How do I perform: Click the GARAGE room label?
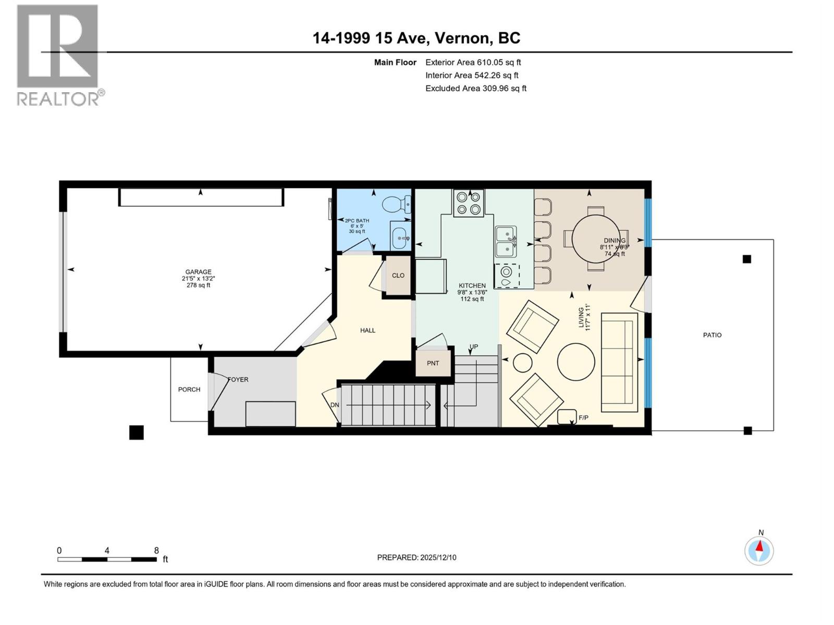tap(198, 272)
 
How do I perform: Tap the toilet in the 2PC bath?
tap(396, 204)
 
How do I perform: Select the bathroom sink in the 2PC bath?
tap(400, 239)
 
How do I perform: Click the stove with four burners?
tap(468, 203)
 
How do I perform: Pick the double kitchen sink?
tap(506, 242)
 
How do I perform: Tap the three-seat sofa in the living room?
tap(619, 362)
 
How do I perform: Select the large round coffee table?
tap(576, 362)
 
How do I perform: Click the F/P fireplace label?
tap(584, 418)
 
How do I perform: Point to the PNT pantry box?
tap(433, 363)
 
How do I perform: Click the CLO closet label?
tap(398, 276)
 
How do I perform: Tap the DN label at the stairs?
tap(335, 405)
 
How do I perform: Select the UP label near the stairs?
tap(473, 347)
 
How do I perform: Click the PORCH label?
tap(189, 389)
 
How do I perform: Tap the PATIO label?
tap(712, 335)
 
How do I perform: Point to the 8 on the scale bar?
tap(156, 551)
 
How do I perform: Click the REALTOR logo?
tap(58, 55)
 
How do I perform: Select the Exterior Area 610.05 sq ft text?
tap(473, 62)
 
